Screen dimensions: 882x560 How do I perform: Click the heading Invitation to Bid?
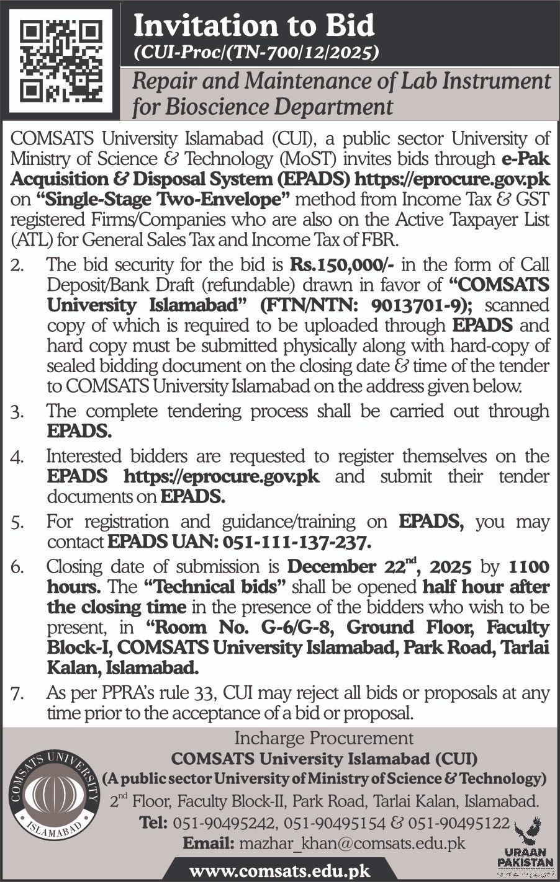(x=255, y=26)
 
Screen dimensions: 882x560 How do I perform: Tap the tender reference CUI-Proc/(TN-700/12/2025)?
(x=256, y=55)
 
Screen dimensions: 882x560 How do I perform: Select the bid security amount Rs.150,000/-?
(x=345, y=265)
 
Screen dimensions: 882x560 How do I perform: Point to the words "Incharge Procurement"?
(x=323, y=738)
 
